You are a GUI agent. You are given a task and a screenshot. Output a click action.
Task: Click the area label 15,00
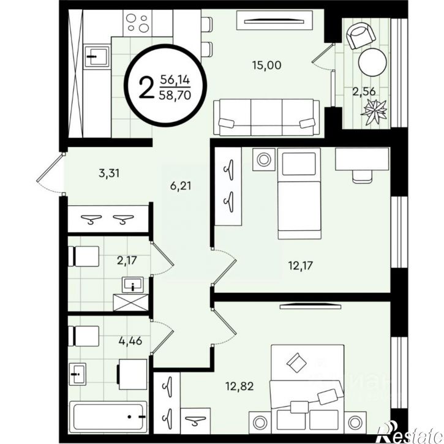tap(266, 66)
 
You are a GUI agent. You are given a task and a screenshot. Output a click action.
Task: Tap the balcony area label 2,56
tap(364, 91)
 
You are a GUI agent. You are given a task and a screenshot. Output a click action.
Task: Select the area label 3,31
tap(109, 173)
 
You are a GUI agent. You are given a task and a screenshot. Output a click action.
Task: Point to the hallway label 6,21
tap(181, 186)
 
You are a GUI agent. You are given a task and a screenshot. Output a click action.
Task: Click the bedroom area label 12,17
tap(301, 266)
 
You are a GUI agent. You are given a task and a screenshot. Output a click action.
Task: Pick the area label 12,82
tap(239, 386)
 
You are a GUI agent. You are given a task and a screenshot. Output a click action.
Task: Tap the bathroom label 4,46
tap(130, 341)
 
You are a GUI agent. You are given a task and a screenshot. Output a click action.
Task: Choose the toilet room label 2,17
tap(127, 260)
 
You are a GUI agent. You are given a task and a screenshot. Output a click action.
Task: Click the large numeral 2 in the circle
tap(147, 88)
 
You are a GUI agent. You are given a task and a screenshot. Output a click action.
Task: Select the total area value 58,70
tap(175, 95)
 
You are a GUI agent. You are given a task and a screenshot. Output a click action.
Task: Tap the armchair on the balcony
tap(361, 36)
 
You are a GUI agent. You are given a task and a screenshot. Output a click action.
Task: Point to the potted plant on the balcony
tap(374, 111)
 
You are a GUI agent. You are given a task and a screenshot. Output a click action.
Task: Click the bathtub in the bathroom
tap(108, 417)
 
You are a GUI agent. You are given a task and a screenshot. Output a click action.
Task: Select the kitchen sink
tap(97, 56)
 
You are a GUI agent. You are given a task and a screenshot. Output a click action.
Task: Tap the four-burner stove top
tap(137, 23)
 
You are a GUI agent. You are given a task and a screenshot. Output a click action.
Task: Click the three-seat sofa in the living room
tap(266, 117)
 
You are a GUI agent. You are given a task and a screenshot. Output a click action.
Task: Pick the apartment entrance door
tap(50, 173)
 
